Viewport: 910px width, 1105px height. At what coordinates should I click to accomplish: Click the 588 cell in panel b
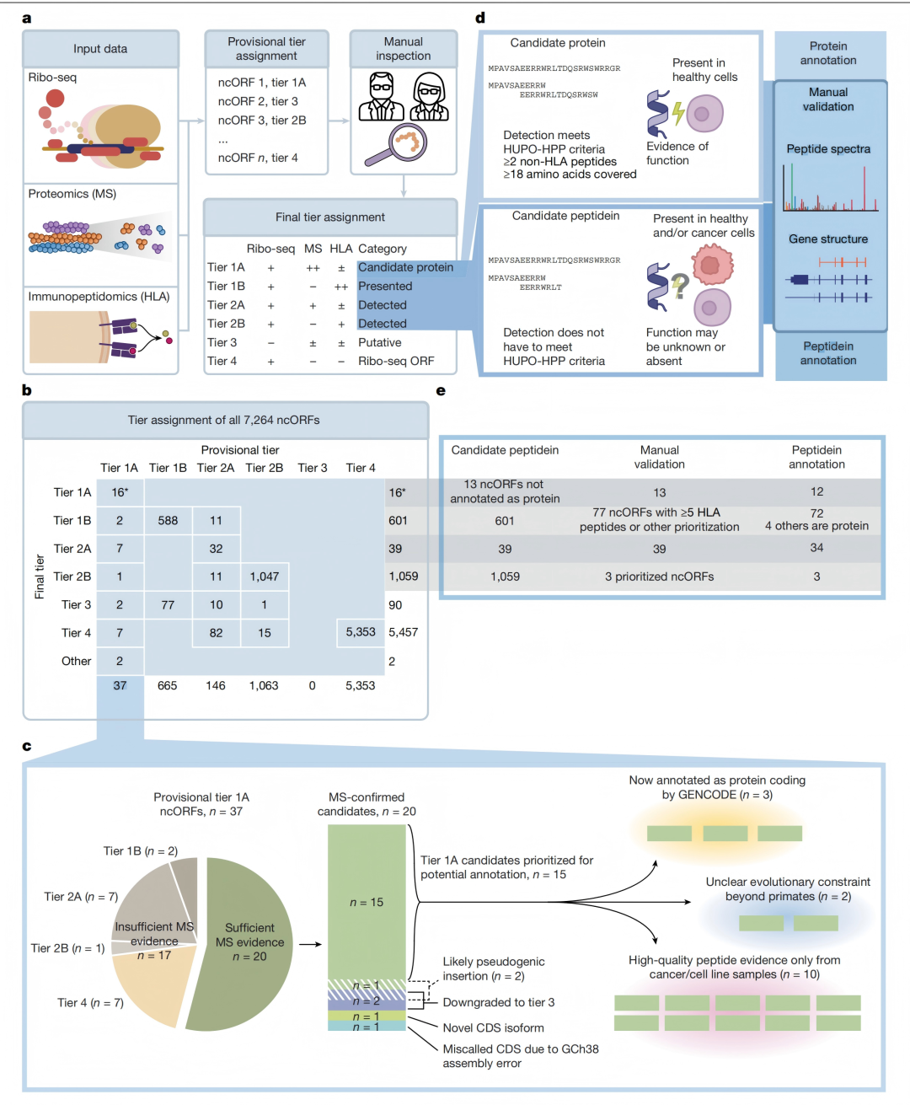pos(168,520)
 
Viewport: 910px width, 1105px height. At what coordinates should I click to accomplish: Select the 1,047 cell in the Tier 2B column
pos(265,577)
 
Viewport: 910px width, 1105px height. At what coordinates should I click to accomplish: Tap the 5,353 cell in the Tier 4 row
pos(361,632)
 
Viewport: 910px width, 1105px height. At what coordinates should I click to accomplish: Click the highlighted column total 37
pos(120,685)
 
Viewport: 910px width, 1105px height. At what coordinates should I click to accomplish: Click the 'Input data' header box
pos(100,49)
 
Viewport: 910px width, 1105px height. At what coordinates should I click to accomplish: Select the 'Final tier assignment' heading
pos(330,217)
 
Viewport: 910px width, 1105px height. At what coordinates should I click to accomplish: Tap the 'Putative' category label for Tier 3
pos(379,342)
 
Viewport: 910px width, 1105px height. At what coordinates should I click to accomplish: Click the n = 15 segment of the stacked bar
pos(367,903)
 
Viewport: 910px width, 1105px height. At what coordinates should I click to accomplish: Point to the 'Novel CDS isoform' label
pos(493,1027)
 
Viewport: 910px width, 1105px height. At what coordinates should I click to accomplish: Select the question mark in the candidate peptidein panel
pos(680,286)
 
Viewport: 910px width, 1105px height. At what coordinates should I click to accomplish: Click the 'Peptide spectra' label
pos(828,148)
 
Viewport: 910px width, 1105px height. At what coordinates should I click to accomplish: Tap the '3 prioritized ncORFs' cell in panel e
pos(659,577)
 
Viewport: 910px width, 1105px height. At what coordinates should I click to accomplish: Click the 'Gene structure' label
pos(828,239)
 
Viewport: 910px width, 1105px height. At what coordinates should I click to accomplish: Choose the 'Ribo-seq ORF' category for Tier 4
pos(396,361)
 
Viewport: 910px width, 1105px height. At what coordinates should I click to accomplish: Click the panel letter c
pos(27,746)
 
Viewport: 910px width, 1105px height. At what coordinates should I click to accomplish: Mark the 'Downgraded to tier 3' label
pos(498,1002)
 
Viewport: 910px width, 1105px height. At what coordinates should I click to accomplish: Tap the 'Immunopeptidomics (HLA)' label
pos(99,297)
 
